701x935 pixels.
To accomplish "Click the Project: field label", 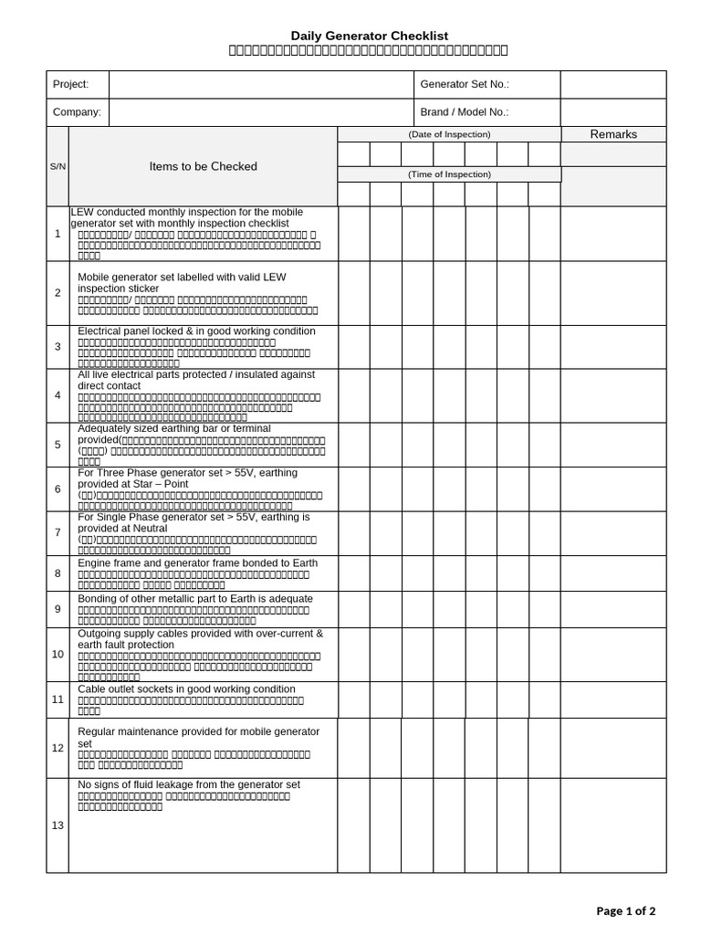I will pyautogui.click(x=71, y=84).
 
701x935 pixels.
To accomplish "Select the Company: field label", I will pyautogui.click(x=77, y=112).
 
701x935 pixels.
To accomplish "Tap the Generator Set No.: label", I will pyautogui.click(x=464, y=84).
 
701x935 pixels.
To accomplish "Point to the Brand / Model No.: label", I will pyautogui.click(x=464, y=112).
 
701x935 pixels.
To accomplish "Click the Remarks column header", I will pyautogui.click(x=613, y=134).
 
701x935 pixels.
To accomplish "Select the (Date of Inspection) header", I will pyautogui.click(x=449, y=134).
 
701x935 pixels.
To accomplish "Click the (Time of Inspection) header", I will pyautogui.click(x=449, y=173).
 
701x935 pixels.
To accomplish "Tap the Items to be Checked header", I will pyautogui.click(x=204, y=166).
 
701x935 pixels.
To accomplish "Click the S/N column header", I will pyautogui.click(x=58, y=167).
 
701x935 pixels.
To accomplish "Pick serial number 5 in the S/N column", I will pyautogui.click(x=58, y=445).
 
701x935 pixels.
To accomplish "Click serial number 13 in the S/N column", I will pyautogui.click(x=58, y=825).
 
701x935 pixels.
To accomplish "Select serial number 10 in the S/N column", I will pyautogui.click(x=58, y=654).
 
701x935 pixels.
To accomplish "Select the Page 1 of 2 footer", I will pyautogui.click(x=625, y=910).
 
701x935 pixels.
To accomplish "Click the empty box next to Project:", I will pyautogui.click(x=261, y=84).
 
